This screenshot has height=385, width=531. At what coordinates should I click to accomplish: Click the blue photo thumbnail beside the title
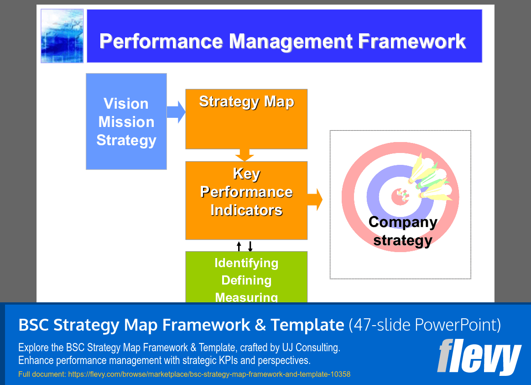point(62,36)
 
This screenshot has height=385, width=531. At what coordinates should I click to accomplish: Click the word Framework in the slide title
point(412,41)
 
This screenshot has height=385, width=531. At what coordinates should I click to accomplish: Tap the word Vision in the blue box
point(126,104)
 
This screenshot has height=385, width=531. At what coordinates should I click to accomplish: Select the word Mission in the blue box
point(126,122)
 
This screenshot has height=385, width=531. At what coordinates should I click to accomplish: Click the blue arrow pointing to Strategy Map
point(176,112)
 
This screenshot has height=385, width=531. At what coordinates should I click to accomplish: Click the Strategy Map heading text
point(246,101)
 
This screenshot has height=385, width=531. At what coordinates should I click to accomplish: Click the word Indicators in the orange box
point(246,210)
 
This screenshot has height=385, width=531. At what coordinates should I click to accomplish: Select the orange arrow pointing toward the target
point(315,200)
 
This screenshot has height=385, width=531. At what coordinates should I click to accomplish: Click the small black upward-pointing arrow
point(239,246)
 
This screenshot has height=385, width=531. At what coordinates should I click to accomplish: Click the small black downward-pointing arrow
point(250,246)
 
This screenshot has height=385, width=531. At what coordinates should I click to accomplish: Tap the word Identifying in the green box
point(246,263)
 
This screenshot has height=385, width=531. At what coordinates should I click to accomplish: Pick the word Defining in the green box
point(246,280)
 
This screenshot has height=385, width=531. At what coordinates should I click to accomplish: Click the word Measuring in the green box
point(246,297)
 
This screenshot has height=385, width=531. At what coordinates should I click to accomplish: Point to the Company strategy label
point(402,231)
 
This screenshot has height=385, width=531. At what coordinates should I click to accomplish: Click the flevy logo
point(479,357)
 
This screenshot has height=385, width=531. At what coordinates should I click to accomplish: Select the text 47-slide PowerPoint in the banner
point(425,325)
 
